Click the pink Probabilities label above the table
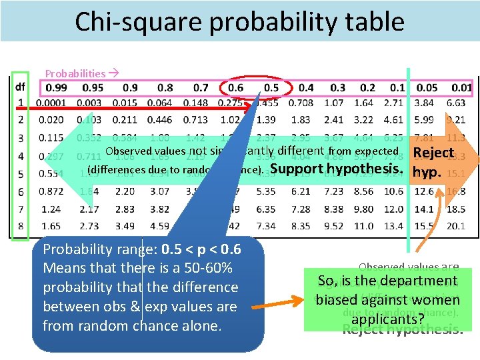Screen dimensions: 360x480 point(75,73)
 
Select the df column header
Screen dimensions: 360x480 point(21,87)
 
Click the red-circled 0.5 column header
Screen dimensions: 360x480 point(271,87)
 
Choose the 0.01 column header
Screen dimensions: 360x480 point(461,87)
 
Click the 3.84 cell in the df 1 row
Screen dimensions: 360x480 point(424,103)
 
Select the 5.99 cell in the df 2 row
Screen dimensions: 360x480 point(424,120)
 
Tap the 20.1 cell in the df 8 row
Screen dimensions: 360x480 point(455,227)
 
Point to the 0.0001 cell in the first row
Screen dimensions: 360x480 point(51,103)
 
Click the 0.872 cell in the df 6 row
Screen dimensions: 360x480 point(51,191)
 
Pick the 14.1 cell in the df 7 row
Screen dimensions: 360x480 point(424,209)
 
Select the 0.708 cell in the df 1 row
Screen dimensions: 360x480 point(301,103)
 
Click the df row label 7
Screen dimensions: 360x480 point(21,209)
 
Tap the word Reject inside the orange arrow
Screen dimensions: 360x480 point(433,153)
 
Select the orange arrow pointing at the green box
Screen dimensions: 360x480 point(283,293)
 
